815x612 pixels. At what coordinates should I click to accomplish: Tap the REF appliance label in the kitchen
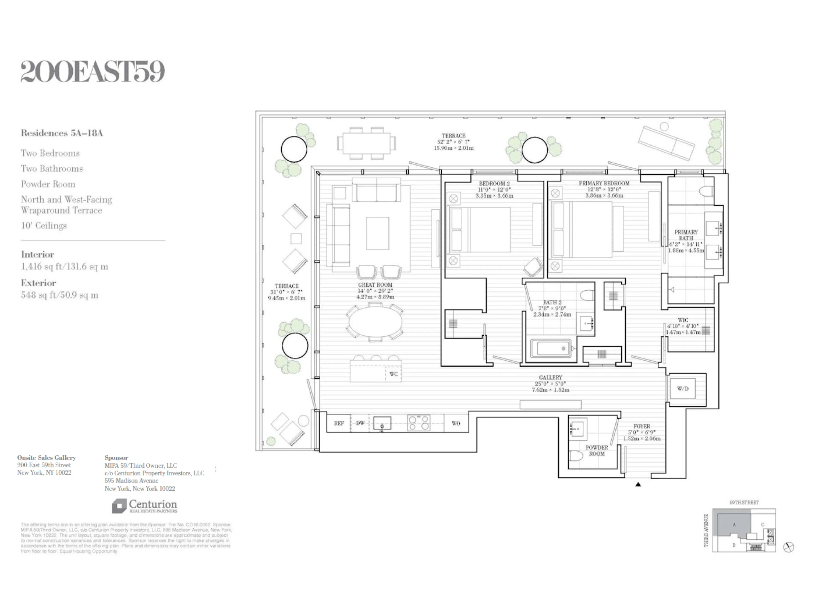tap(339, 423)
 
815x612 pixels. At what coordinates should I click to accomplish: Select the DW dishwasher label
tap(360, 423)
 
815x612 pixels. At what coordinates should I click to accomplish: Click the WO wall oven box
tap(456, 423)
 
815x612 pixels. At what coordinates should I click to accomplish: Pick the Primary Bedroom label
tap(604, 183)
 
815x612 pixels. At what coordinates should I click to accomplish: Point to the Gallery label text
tap(550, 377)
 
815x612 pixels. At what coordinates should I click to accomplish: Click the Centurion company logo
tap(145, 506)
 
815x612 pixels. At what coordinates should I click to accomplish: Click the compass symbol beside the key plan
tap(789, 547)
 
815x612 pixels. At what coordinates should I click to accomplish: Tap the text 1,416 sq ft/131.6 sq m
tap(64, 266)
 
